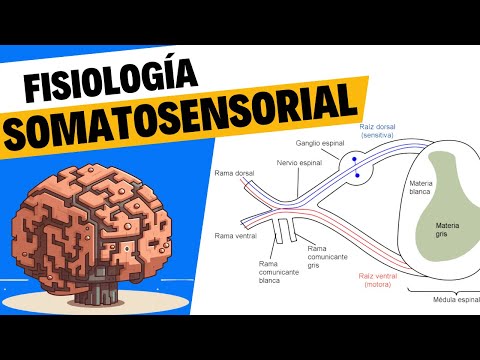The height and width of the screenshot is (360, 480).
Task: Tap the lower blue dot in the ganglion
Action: [x=356, y=177]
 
